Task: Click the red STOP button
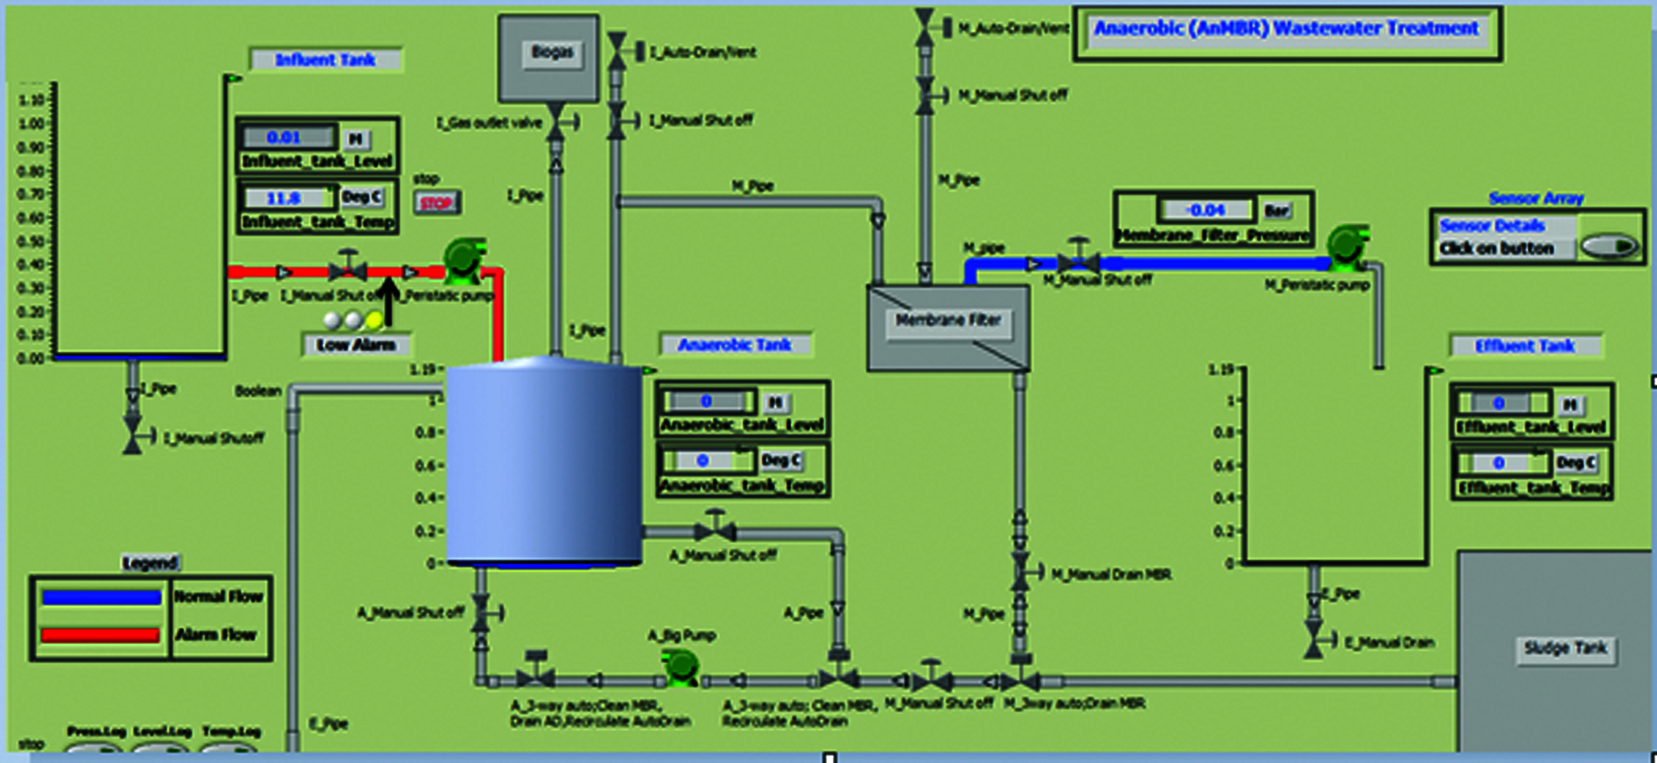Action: point(437,203)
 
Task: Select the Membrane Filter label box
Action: point(948,321)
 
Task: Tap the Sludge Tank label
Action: point(1565,649)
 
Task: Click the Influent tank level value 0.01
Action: point(285,138)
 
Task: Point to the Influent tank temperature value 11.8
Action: point(285,199)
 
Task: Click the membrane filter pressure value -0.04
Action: point(1206,210)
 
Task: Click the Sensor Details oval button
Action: point(1609,247)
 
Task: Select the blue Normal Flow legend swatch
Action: point(101,597)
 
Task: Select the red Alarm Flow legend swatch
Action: point(100,635)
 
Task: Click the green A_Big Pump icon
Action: point(681,667)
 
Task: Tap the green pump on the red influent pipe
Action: point(464,259)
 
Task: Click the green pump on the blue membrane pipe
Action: point(1347,246)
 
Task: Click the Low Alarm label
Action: point(356,345)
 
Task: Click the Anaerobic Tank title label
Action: point(735,345)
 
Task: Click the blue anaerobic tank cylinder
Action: point(544,463)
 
